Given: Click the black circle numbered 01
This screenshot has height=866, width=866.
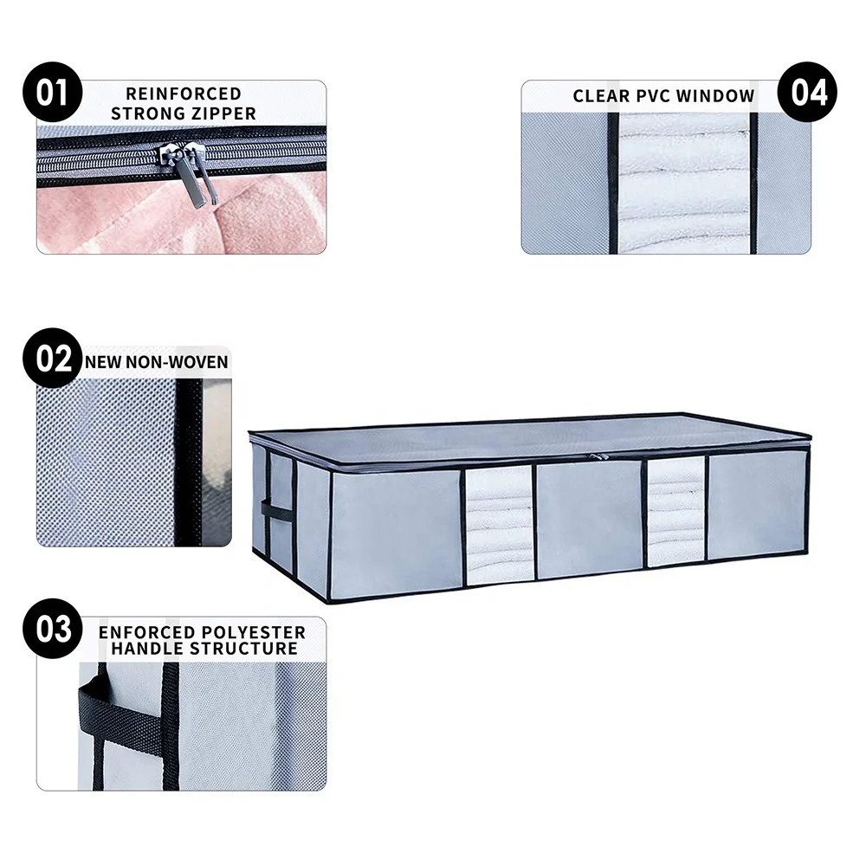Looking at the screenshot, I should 51,92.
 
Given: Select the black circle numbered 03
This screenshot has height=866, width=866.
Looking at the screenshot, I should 53,628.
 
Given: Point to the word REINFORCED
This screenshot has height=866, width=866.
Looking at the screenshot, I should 183,94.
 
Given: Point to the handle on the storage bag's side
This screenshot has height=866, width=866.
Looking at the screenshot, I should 276,509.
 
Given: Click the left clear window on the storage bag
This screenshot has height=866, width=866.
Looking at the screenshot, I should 498,524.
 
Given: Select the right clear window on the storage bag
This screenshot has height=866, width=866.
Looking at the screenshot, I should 675,511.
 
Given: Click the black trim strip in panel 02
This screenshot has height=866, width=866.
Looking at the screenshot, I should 188,463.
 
